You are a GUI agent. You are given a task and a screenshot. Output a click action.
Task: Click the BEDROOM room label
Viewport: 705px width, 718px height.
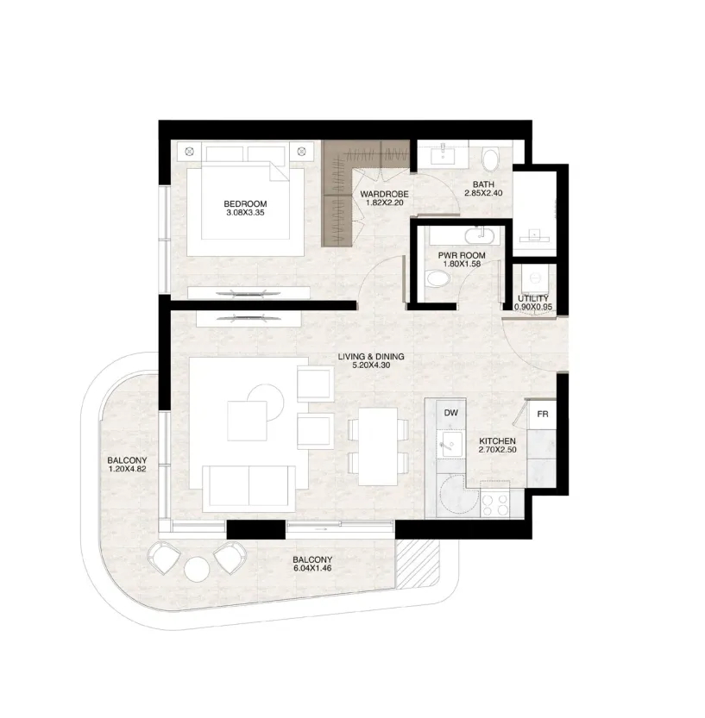245,203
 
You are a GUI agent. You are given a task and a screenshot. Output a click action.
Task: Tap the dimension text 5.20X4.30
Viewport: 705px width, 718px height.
371,365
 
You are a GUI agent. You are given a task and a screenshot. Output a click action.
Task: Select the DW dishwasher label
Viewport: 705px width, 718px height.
451,413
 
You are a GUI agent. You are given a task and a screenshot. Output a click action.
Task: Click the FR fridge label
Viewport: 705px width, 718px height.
542,415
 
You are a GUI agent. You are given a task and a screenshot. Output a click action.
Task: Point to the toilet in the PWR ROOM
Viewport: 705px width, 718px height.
437,278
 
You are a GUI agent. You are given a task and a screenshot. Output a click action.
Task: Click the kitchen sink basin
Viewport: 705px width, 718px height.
447,443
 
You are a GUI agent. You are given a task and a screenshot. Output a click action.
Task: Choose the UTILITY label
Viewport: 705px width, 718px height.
533,298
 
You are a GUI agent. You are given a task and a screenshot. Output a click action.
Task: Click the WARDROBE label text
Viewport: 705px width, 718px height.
384,194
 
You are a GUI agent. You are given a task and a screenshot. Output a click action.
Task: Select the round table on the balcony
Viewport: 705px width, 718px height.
196,569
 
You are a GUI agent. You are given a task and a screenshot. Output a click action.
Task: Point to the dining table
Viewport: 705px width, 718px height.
378,446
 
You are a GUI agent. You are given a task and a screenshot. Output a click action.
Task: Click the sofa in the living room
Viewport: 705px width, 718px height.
249,489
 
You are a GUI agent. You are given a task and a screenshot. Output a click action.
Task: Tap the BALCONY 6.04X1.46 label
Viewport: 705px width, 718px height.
312,564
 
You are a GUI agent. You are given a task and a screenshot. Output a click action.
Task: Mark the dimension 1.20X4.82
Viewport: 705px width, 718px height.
128,470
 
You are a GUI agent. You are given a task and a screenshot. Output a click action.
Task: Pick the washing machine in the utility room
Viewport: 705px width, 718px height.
534,280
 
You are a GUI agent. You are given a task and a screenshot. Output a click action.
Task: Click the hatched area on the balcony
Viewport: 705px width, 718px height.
418,564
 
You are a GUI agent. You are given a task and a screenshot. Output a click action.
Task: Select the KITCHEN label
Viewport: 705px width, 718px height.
497,441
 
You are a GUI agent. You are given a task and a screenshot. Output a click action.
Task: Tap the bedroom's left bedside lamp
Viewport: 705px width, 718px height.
190,151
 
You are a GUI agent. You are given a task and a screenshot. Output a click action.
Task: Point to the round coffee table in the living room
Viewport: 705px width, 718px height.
265,403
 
